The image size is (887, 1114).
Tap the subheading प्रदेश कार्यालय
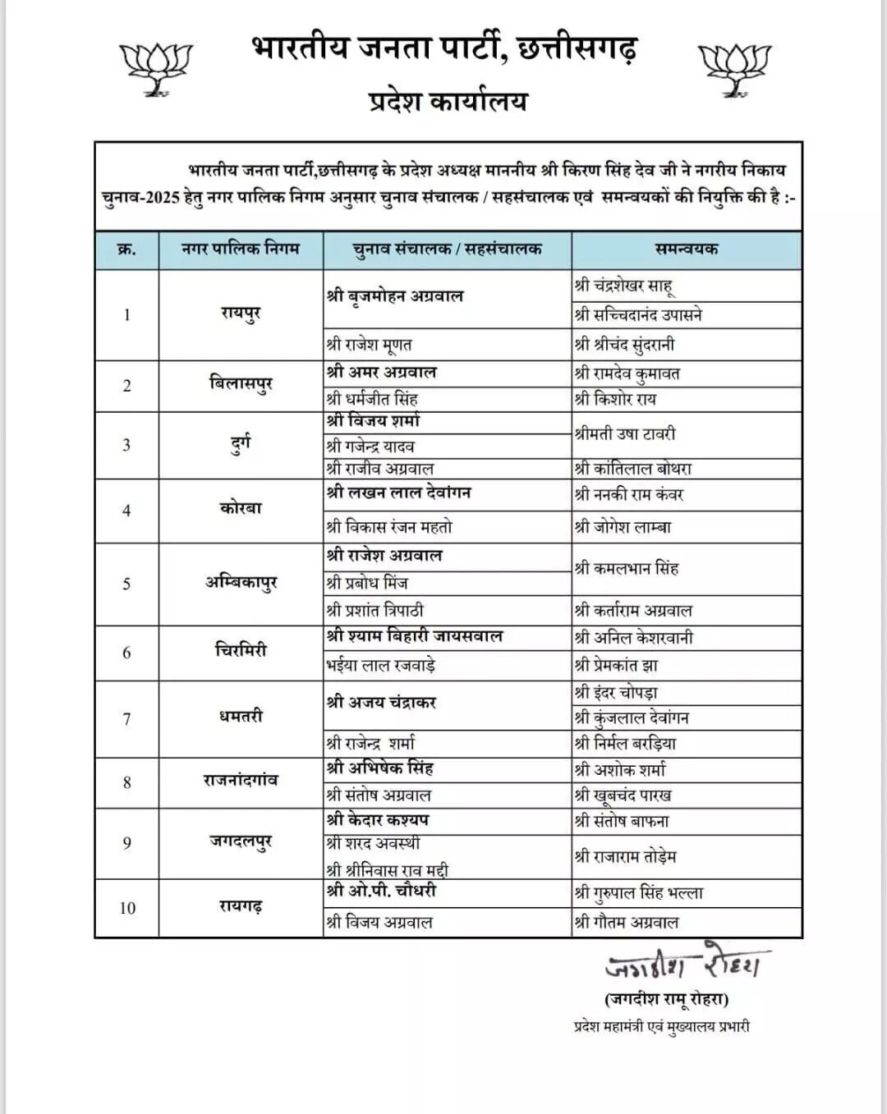tap(448, 102)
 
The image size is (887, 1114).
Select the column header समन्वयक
tap(686, 249)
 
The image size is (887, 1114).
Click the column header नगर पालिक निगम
tap(241, 249)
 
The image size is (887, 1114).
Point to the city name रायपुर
tap(241, 314)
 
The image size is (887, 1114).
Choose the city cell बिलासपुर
tap(241, 384)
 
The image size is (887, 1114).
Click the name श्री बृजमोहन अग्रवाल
tap(395, 296)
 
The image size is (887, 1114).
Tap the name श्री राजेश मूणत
tap(369, 345)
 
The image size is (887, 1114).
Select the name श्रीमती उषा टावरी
tap(625, 433)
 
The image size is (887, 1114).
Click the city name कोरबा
tap(241, 508)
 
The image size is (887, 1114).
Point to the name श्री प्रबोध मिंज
tap(367, 583)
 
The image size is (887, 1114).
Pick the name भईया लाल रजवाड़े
tap(380, 665)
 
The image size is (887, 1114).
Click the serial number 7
tap(126, 719)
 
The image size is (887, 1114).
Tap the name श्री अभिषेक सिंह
tap(379, 769)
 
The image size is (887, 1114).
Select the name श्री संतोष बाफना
tap(623, 821)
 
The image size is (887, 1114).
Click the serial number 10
tap(127, 908)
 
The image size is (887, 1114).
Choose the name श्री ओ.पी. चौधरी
tap(381, 892)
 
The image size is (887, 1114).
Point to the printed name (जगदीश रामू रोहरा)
tap(666, 999)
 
